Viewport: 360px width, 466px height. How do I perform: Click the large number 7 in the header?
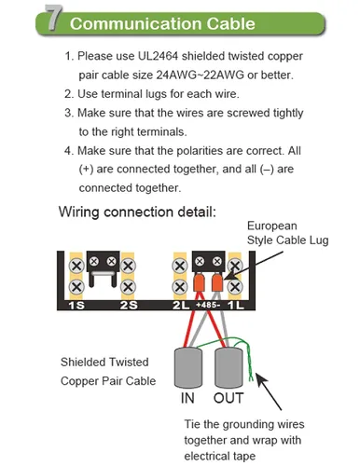[53, 18]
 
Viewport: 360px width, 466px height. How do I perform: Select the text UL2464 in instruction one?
[159, 56]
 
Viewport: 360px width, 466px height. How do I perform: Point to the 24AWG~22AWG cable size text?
[200, 75]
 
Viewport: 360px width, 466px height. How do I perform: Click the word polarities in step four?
[200, 151]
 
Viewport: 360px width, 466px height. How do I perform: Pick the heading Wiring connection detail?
[137, 212]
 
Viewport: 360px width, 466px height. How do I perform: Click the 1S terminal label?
[76, 306]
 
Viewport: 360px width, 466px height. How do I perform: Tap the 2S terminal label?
[129, 306]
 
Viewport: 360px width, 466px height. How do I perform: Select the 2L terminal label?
[181, 306]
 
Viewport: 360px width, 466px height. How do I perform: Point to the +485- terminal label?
[208, 305]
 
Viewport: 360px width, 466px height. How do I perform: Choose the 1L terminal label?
[236, 306]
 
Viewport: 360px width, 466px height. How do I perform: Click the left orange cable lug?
[199, 282]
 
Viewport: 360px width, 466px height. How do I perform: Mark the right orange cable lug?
[217, 282]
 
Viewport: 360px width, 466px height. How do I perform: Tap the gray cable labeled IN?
[188, 368]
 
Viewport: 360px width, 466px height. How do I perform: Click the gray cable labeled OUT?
[228, 368]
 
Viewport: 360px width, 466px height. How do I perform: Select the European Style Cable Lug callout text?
[287, 233]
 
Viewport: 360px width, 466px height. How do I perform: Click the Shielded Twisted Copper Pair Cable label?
[108, 372]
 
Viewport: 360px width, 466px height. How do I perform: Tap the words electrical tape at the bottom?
[220, 457]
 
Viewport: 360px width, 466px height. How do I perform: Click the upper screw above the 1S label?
[76, 266]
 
